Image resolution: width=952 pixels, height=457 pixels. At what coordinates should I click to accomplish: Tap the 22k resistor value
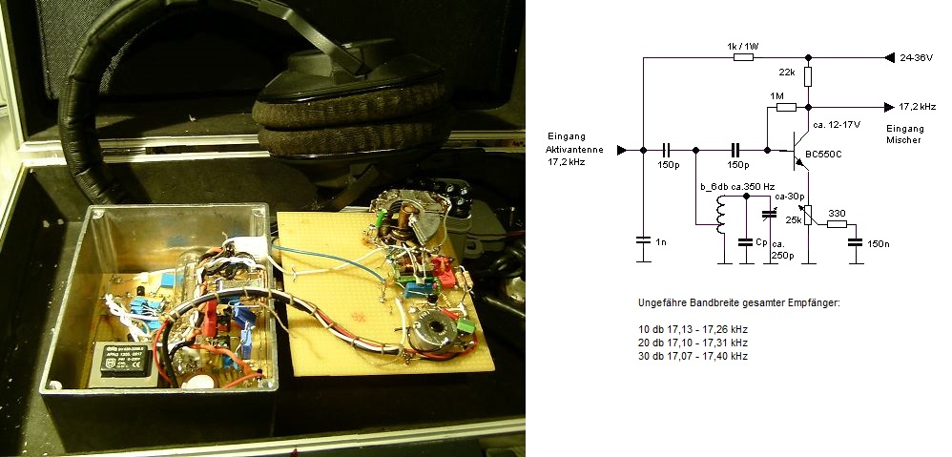(786, 73)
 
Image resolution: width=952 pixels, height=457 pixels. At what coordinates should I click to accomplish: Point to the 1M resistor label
(776, 96)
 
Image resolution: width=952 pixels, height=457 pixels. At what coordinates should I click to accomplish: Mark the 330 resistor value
(837, 213)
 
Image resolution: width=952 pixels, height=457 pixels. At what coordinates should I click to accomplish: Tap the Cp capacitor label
(760, 242)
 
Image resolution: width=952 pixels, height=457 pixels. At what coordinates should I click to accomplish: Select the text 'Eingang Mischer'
(904, 134)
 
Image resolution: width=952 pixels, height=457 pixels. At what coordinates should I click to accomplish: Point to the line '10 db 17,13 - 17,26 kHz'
(693, 328)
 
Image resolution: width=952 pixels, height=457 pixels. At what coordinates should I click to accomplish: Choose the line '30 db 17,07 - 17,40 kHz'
(693, 355)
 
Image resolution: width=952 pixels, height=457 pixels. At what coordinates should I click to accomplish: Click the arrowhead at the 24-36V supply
(889, 57)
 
